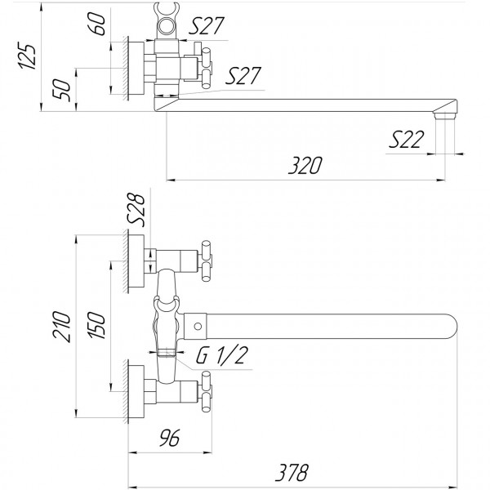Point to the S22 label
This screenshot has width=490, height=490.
[x=405, y=140]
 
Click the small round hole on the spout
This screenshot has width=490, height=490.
[x=198, y=327]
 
